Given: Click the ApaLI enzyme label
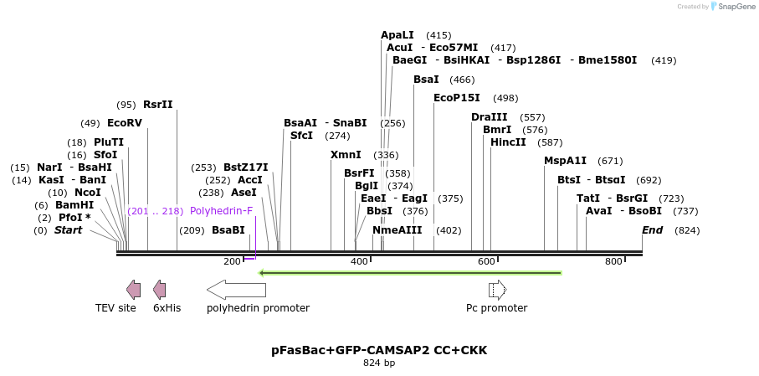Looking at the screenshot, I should pos(397,35).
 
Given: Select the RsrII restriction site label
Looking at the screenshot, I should pos(158,105).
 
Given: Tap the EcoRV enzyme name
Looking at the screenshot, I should pos(125,123).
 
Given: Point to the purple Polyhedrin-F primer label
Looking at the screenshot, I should pos(221,211).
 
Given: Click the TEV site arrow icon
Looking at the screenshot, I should pos(133,290).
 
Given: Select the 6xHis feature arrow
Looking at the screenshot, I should pos(159,290).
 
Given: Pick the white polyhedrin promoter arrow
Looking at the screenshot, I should pos(236,290).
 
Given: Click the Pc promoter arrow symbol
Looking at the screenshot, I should pos(497,290).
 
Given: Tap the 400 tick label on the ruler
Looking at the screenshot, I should pos(359,262).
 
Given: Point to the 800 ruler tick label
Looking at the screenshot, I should pos(613,262).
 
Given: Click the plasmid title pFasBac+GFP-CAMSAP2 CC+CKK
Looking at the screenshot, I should pos(379,350).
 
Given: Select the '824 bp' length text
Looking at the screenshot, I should pos(379,363).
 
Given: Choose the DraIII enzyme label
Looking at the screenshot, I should pos(490,117).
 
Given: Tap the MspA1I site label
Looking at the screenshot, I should pos(566,161).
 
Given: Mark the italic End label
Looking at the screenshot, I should pos(652,230).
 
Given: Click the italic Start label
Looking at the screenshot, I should pos(69,230).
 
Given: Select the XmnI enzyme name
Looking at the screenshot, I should pos(346,155).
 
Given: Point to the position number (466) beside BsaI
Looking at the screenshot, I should pos(462,80).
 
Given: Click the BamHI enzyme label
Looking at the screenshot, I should pos(74,205).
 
